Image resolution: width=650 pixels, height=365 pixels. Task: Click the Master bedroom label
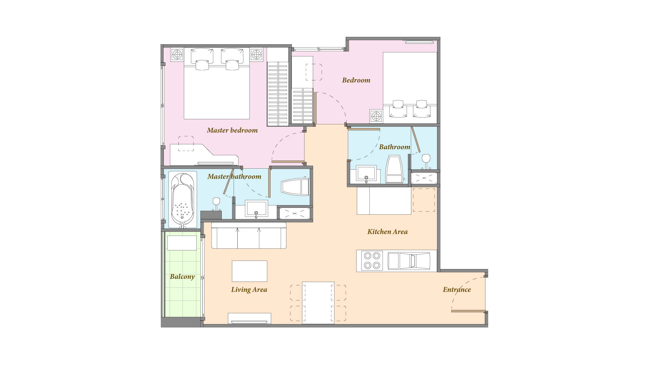(x=232, y=130)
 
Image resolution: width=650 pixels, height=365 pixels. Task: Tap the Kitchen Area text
(x=387, y=232)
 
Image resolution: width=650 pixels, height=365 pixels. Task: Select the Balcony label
(x=182, y=277)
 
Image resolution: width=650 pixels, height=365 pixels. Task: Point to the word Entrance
(x=457, y=290)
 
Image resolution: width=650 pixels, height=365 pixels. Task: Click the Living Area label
(x=249, y=290)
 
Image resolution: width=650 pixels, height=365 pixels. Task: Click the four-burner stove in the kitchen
(x=372, y=261)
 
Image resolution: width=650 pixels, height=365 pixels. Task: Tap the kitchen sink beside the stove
(x=409, y=261)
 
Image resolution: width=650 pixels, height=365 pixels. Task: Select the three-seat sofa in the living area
(x=249, y=236)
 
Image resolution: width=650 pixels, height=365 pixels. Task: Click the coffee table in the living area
(x=250, y=271)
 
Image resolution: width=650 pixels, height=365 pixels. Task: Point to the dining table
(x=318, y=303)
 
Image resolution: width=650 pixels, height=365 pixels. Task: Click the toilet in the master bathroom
(x=295, y=187)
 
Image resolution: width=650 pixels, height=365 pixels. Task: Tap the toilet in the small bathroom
(x=394, y=169)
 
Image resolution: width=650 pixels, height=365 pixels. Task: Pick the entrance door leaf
(x=468, y=311)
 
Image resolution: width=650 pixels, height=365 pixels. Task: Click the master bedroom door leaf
(x=288, y=162)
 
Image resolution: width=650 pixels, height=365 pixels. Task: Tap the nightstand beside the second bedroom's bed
(x=376, y=116)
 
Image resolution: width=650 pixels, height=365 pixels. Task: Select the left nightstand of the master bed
(x=177, y=54)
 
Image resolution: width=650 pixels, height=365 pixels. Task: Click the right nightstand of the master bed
(x=256, y=54)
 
